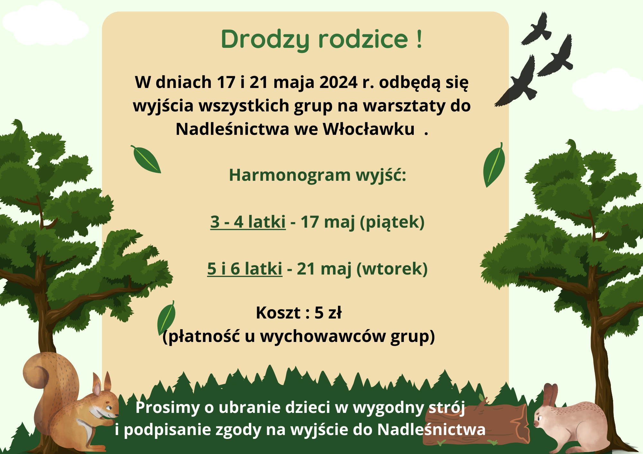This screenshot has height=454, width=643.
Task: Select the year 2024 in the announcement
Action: point(338,82)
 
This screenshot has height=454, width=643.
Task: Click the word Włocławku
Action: point(368,129)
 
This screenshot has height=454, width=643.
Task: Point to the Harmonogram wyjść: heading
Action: point(318,176)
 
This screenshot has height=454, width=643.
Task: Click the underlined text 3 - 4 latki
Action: point(248,222)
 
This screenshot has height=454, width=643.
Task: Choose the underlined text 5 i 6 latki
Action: point(245,269)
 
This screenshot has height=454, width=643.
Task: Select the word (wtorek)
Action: point(392,269)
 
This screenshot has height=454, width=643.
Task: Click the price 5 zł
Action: point(328,313)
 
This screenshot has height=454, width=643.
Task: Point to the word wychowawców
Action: point(323,336)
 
